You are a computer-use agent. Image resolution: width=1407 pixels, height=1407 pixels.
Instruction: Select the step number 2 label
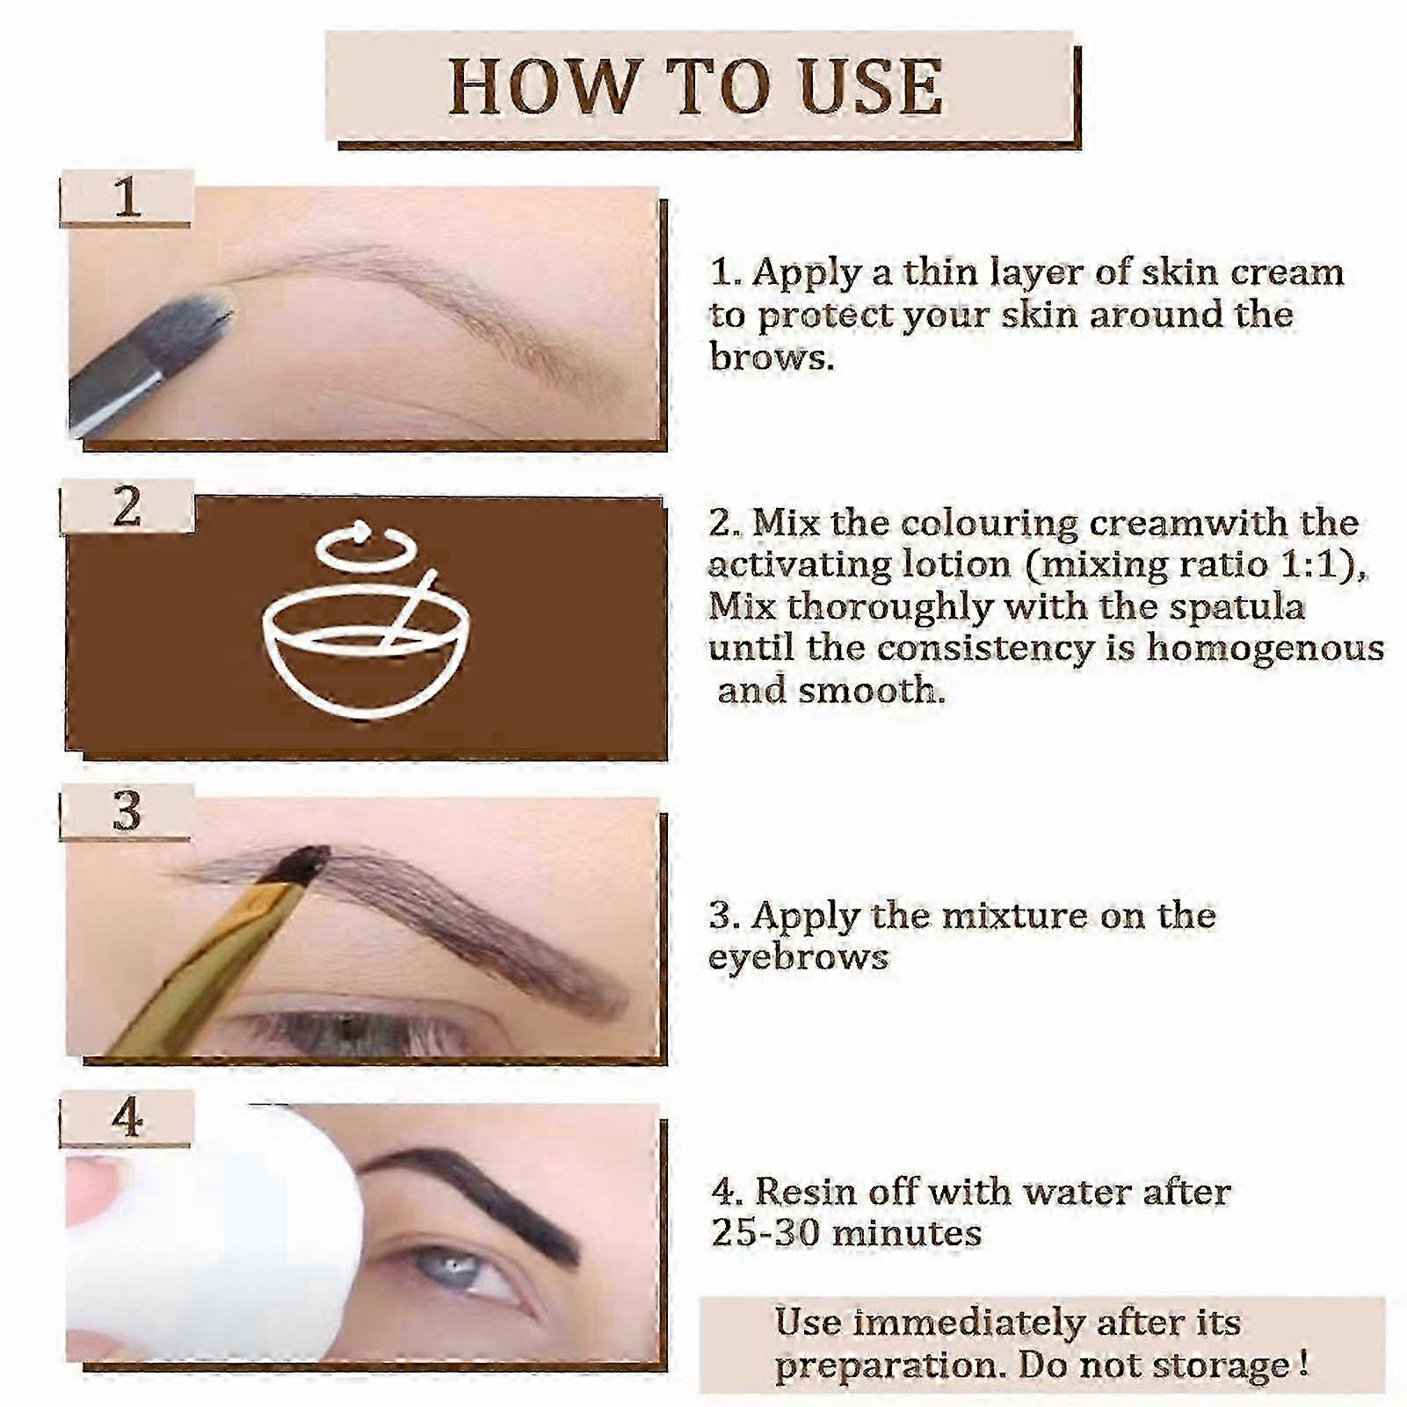(x=127, y=506)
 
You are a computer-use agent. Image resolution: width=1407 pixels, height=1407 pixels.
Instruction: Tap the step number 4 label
(x=127, y=1118)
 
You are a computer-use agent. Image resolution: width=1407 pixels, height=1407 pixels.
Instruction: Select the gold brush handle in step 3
(x=202, y=967)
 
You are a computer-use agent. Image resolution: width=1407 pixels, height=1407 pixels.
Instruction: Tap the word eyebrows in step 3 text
(x=799, y=958)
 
